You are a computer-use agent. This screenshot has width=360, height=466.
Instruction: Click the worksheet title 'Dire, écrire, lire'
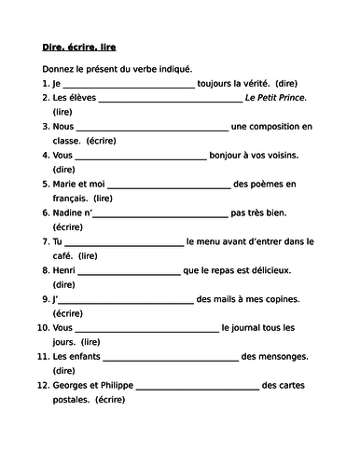pyautogui.click(x=79, y=46)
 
